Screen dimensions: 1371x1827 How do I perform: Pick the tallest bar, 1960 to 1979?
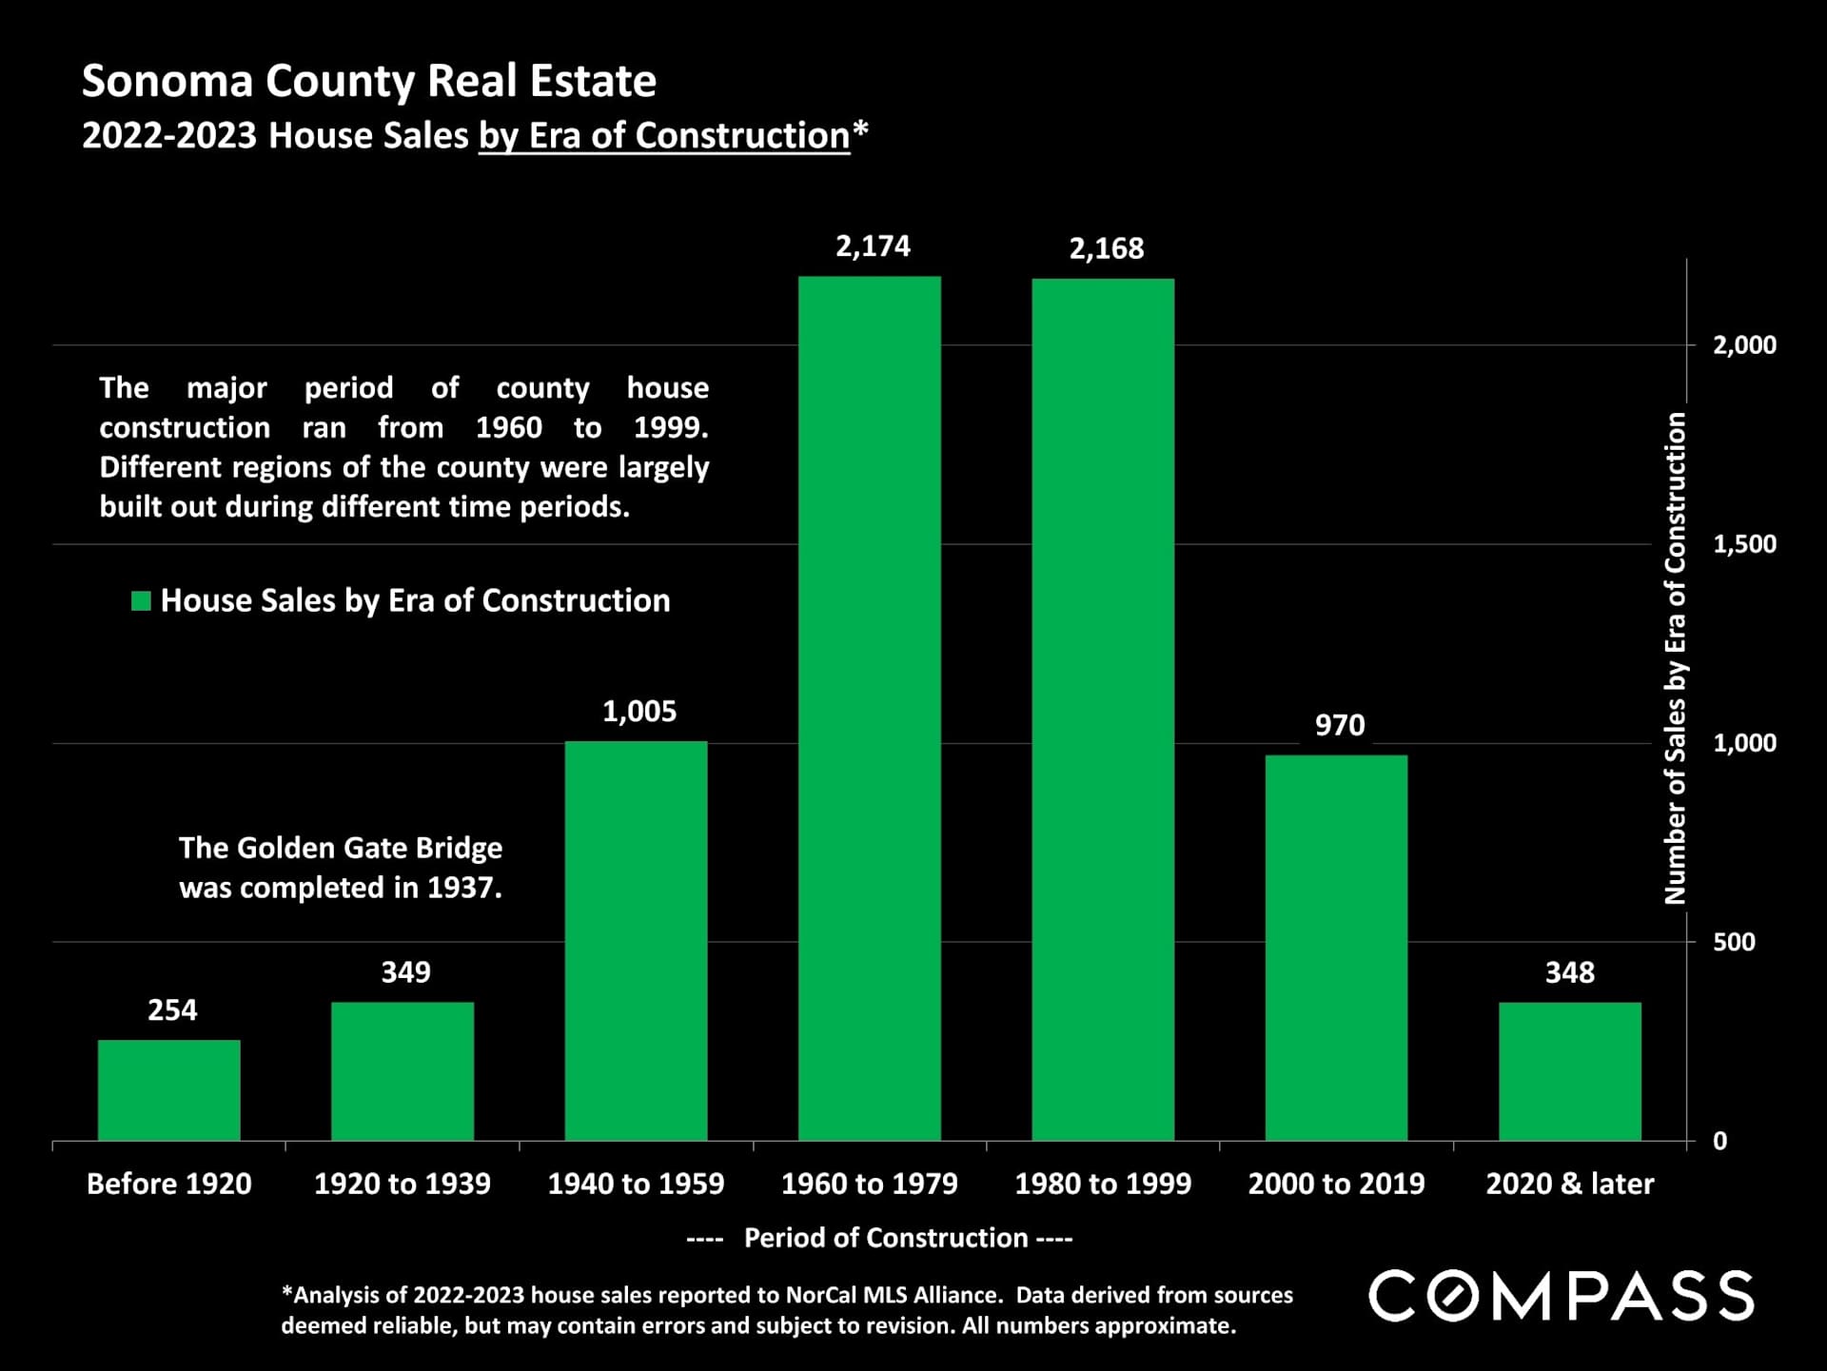869,708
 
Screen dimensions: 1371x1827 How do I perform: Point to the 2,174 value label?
873,246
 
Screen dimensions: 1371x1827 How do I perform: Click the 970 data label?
1339,725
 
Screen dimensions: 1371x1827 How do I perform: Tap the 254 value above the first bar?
172,1009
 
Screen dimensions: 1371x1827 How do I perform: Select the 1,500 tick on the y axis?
1743,544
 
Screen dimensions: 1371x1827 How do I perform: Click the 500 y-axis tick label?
1733,942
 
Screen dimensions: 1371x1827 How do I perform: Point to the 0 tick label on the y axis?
1719,1141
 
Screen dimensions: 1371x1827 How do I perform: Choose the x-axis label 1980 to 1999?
1102,1184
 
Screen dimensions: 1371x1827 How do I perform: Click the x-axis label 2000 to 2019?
1336,1184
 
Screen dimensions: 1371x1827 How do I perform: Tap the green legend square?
141,600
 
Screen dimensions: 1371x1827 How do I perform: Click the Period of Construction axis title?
885,1238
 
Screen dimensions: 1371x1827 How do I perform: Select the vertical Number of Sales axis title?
1674,657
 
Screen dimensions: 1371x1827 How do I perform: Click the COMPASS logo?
1561,1296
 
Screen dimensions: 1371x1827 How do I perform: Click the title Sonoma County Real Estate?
368,81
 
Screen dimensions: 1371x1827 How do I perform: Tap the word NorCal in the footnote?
821,1295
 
